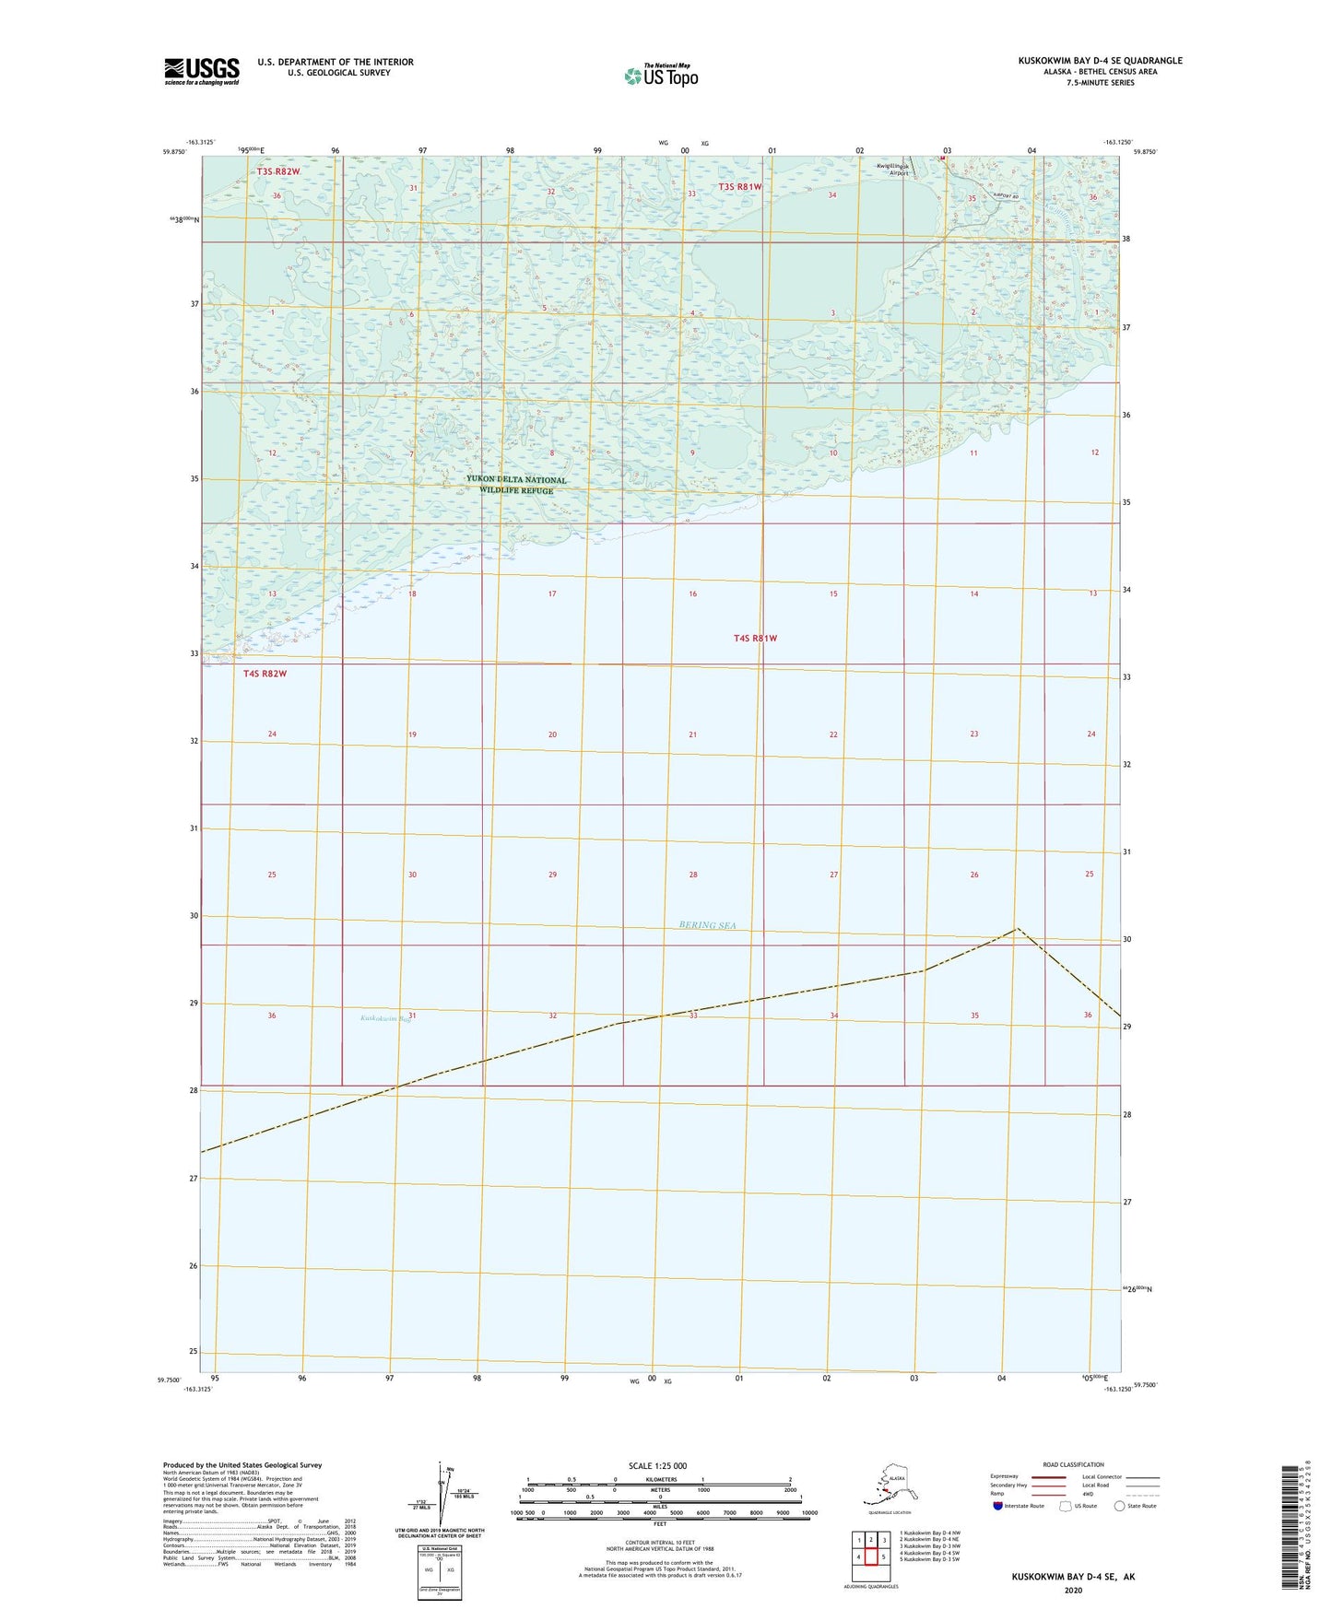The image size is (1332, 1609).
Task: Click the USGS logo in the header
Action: pyautogui.click(x=201, y=71)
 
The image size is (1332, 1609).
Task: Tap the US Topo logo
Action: pyautogui.click(x=660, y=75)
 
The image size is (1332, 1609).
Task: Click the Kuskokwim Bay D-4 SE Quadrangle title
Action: pyautogui.click(x=1100, y=61)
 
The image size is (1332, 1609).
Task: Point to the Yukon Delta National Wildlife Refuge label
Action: pyautogui.click(x=516, y=485)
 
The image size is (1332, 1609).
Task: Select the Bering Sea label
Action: pyautogui.click(x=708, y=925)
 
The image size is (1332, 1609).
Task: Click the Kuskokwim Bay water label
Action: pyautogui.click(x=385, y=1018)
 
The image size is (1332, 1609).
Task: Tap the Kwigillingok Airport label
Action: pyautogui.click(x=892, y=170)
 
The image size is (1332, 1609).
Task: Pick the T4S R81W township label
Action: pyautogui.click(x=756, y=638)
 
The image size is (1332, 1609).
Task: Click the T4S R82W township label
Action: pyautogui.click(x=265, y=674)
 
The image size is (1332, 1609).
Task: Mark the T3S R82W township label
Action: pyautogui.click(x=278, y=172)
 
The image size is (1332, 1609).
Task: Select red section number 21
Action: pyautogui.click(x=692, y=734)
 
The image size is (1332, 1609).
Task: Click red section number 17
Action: pyautogui.click(x=552, y=594)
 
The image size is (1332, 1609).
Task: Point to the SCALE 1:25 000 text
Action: pyautogui.click(x=657, y=1466)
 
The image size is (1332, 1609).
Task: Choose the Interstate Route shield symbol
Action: pyautogui.click(x=998, y=1506)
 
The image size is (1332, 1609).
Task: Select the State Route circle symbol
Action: pyautogui.click(x=1120, y=1506)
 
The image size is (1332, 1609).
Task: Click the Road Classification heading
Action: pyautogui.click(x=1073, y=1464)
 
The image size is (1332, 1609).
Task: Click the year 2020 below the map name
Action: pyautogui.click(x=1073, y=1590)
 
